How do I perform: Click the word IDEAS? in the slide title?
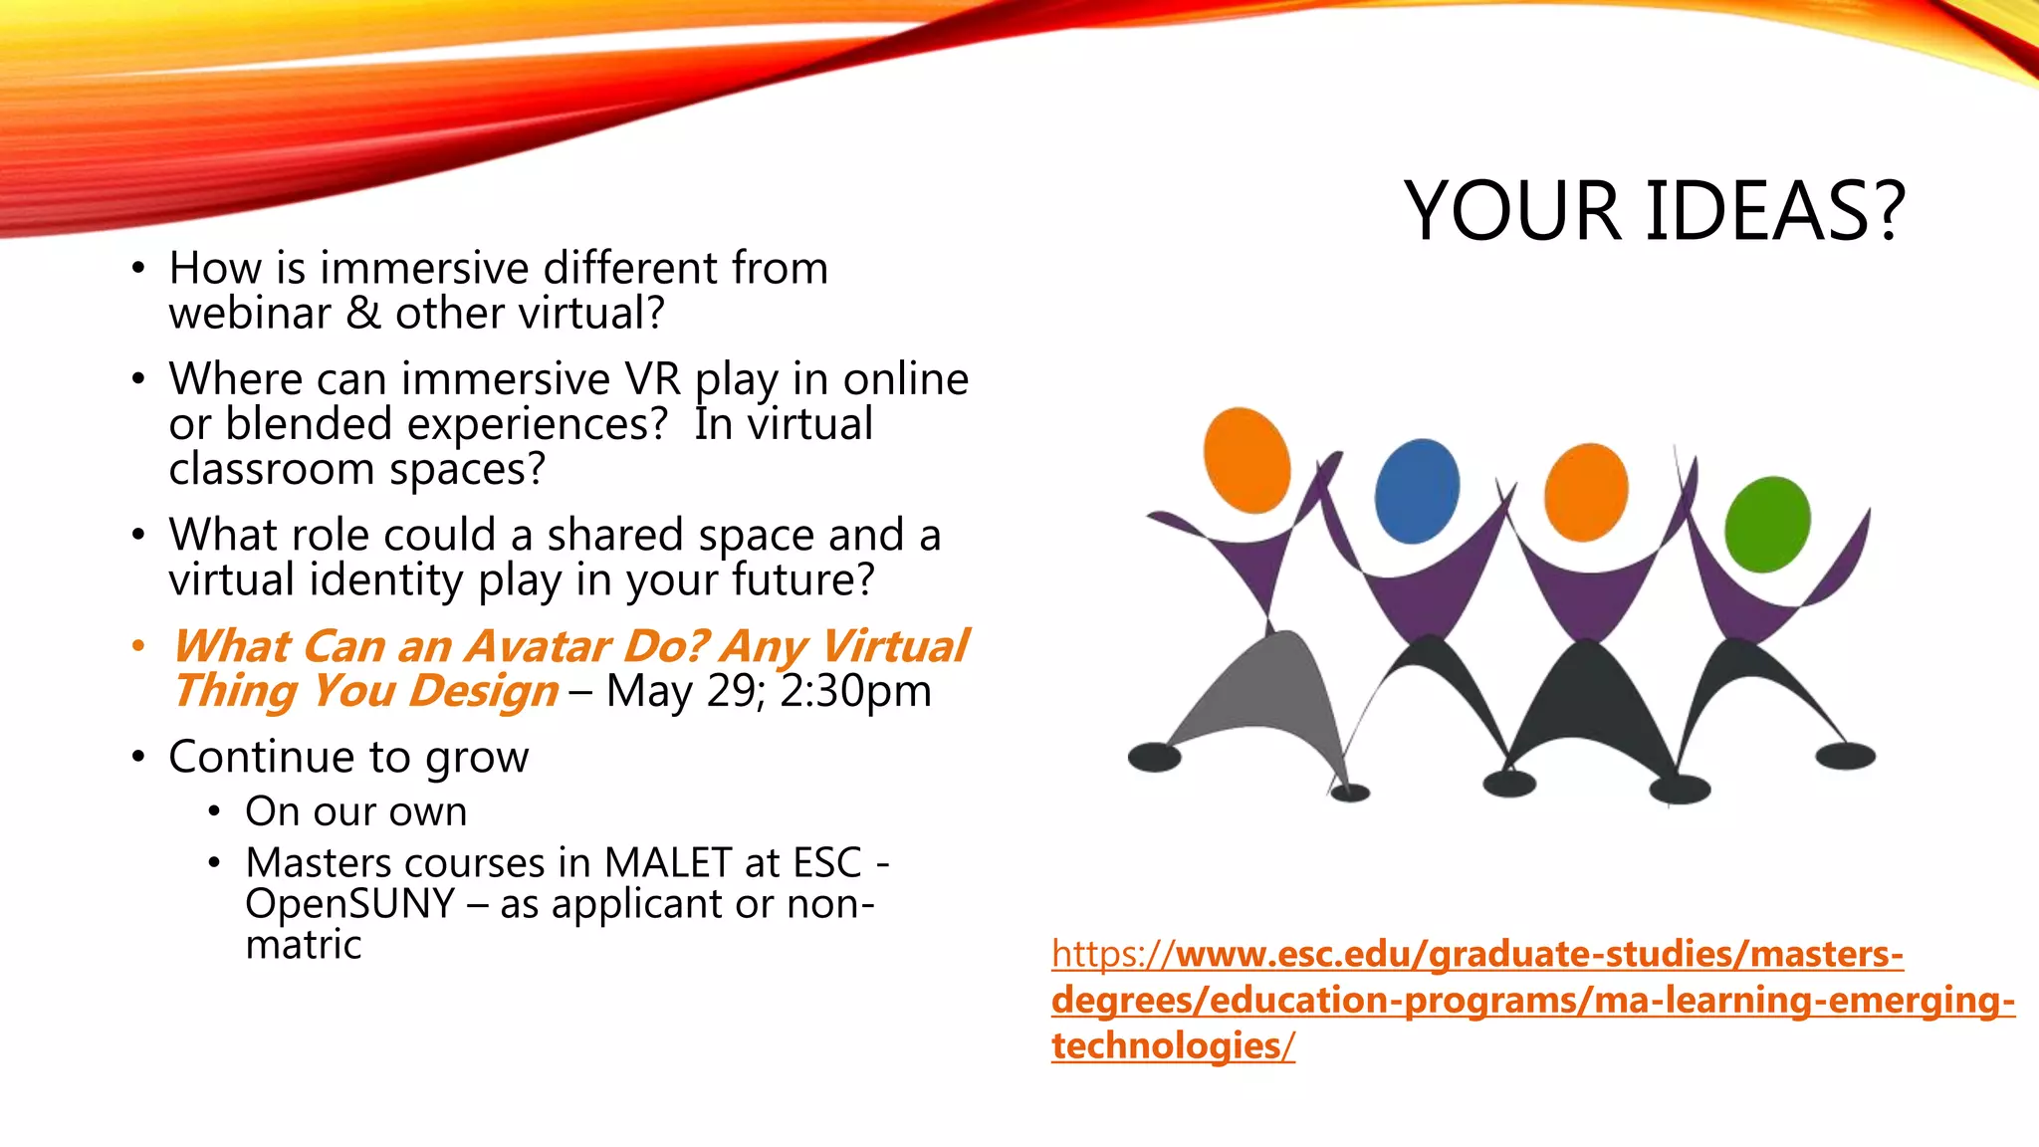pyautogui.click(x=1775, y=211)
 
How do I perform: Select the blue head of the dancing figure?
pyautogui.click(x=1417, y=491)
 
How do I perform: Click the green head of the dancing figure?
pyautogui.click(x=1767, y=525)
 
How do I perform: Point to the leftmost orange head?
pyautogui.click(x=1246, y=460)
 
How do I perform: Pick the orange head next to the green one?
pyautogui.click(x=1586, y=492)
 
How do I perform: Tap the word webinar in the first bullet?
pyautogui.click(x=250, y=314)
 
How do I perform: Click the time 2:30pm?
pyautogui.click(x=855, y=691)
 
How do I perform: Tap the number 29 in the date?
pyautogui.click(x=733, y=691)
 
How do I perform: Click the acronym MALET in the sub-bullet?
pyautogui.click(x=666, y=862)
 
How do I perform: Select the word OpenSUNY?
pyautogui.click(x=349, y=904)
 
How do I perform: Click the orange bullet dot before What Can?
pyautogui.click(x=138, y=646)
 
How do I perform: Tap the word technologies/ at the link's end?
pyautogui.click(x=1173, y=1045)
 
